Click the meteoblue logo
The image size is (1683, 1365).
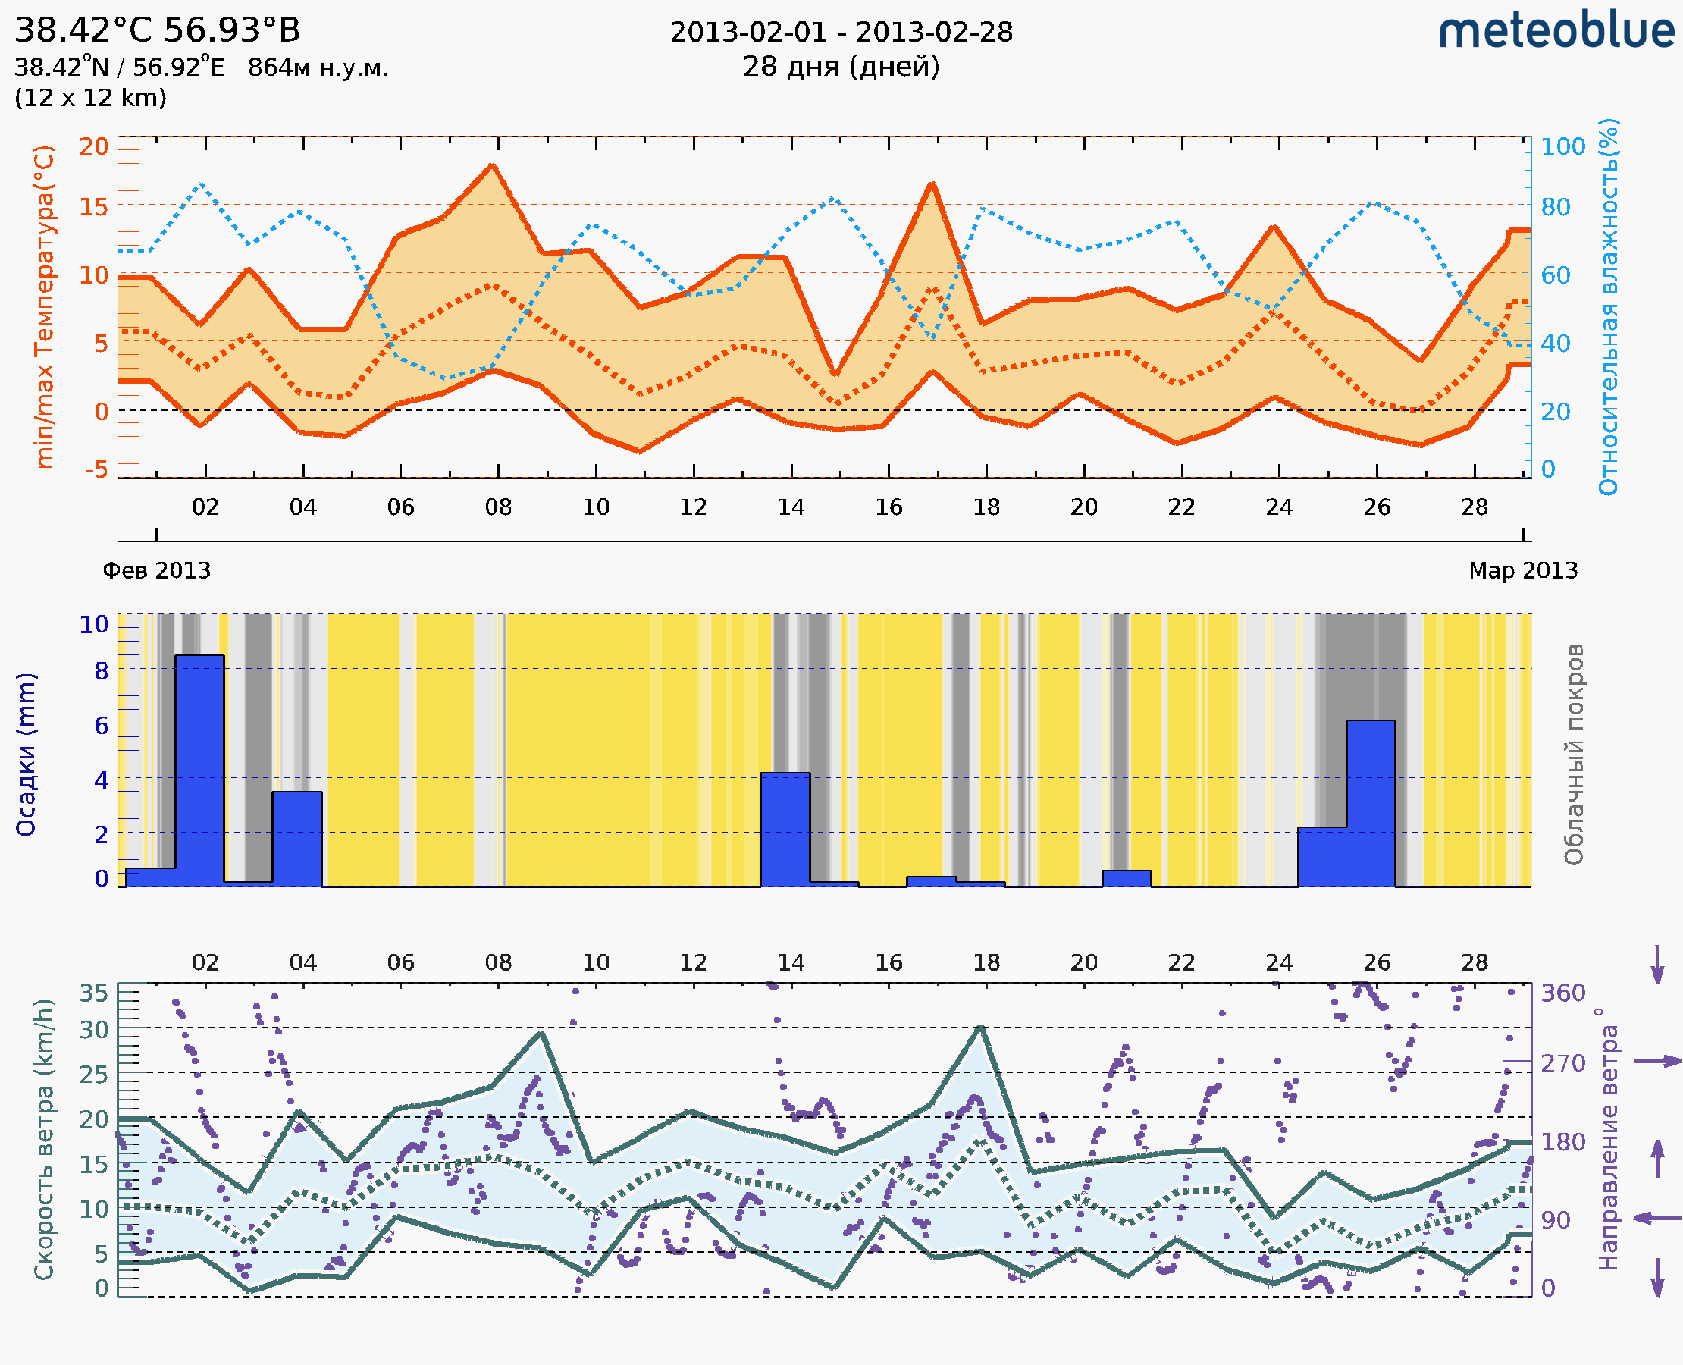[1556, 31]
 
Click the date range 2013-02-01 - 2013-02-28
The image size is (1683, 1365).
[841, 33]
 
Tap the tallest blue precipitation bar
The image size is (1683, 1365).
[199, 770]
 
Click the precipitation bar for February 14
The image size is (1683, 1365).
[785, 830]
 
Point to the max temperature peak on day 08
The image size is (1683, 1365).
[493, 165]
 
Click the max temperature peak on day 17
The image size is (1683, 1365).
[932, 184]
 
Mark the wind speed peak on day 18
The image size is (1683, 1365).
[980, 1027]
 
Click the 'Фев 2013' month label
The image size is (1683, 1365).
[156, 570]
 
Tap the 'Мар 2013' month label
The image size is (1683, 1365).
[1522, 570]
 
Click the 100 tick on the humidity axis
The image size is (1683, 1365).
[1562, 146]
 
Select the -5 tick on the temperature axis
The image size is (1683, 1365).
[97, 469]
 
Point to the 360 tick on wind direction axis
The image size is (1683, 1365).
[1562, 993]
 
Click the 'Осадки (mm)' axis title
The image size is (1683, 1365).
[26, 755]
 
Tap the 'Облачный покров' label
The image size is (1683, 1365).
[1574, 755]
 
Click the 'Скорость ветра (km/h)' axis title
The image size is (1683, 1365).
[44, 1139]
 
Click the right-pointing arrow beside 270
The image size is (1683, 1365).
[1657, 1062]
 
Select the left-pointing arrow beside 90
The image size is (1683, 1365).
[1657, 1218]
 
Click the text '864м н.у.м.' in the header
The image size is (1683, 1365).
[318, 67]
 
